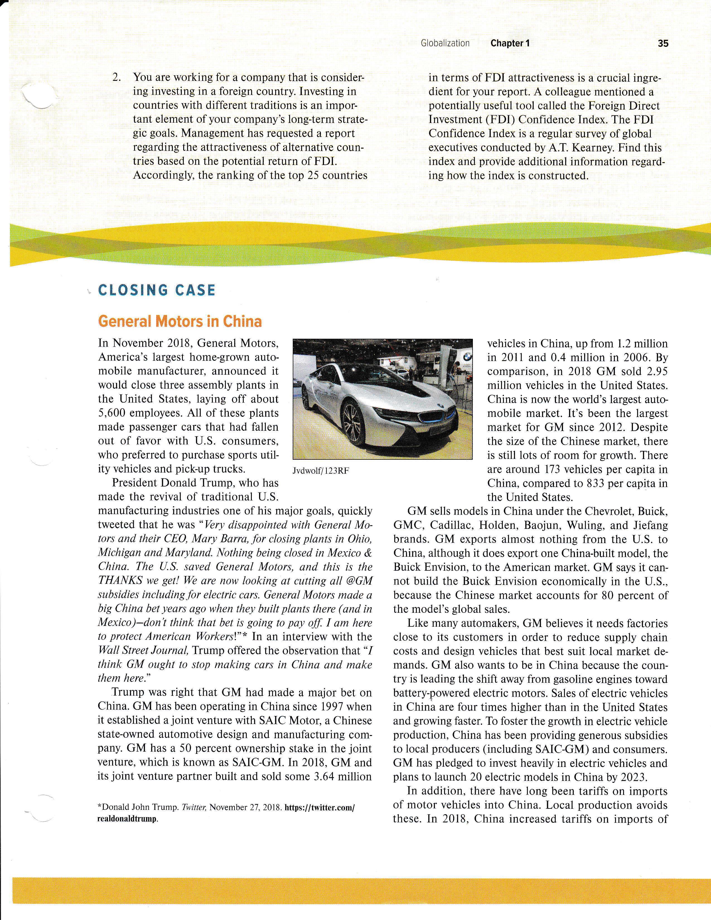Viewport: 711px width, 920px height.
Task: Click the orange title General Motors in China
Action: [x=180, y=321]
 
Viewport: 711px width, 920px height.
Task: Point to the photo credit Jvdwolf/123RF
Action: [x=321, y=471]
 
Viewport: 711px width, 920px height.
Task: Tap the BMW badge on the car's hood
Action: [x=440, y=405]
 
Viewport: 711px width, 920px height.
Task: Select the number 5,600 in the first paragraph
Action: [x=113, y=413]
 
